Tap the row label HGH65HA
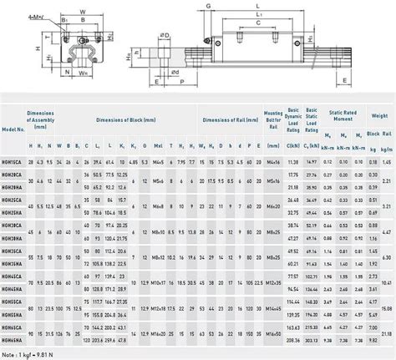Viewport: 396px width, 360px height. [x=12, y=342]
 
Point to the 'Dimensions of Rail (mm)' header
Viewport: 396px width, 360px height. [x=227, y=120]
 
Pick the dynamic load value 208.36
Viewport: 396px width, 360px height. [x=293, y=342]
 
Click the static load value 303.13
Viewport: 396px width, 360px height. [x=312, y=342]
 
